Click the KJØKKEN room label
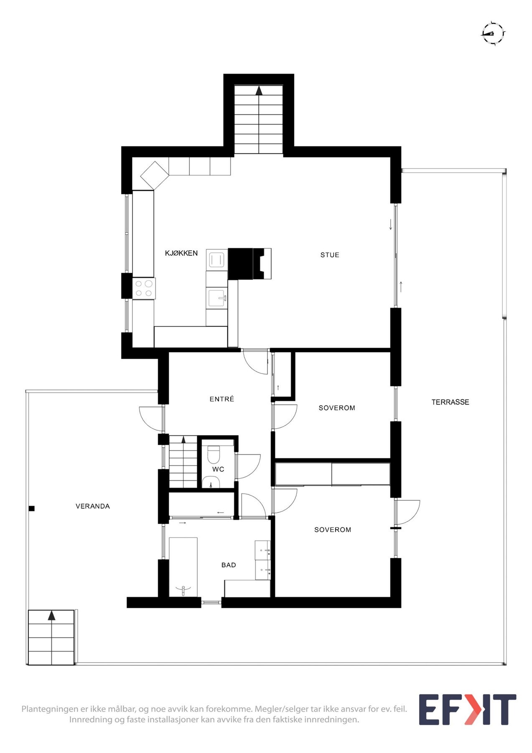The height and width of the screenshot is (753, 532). [181, 253]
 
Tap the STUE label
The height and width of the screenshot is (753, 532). [330, 255]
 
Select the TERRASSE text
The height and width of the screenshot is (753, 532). [450, 402]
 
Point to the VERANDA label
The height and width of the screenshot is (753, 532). [93, 506]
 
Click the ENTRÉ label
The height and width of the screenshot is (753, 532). [222, 399]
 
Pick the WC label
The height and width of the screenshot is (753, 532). [218, 469]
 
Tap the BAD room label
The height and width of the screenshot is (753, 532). [229, 565]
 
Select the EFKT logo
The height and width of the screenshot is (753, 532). [467, 709]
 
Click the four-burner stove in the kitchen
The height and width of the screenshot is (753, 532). [144, 289]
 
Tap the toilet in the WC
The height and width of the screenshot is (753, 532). [214, 453]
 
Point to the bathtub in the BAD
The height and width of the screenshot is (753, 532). [183, 567]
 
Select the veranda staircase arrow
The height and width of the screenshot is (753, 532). [51, 615]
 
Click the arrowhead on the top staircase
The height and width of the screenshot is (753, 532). [259, 90]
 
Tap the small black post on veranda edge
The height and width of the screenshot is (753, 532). [31, 509]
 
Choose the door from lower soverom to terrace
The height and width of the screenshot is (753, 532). [407, 512]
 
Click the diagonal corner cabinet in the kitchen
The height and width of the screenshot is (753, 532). [154, 175]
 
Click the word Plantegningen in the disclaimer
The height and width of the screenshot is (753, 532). [49, 709]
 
